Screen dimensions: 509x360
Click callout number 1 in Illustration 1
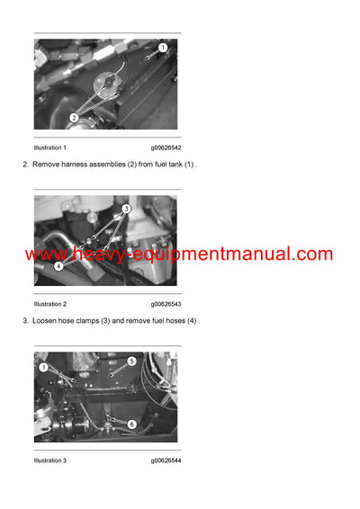click(x=163, y=47)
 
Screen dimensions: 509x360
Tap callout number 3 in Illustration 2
click(x=126, y=208)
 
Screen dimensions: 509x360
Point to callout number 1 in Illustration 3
click(x=43, y=367)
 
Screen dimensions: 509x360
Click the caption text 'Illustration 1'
click(x=49, y=147)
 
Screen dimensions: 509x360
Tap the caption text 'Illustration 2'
click(x=49, y=304)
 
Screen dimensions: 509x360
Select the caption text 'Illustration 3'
click(x=49, y=460)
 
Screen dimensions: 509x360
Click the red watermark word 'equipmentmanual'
click(x=215, y=254)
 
